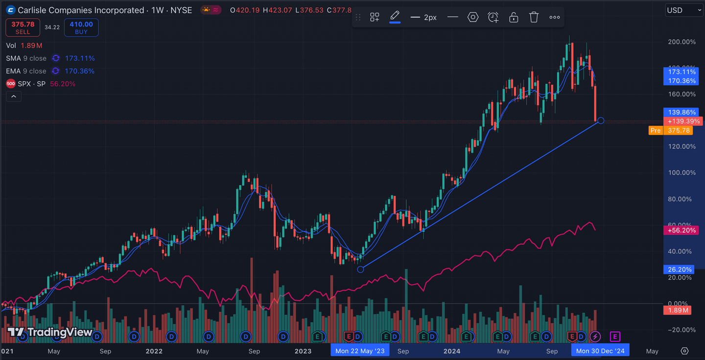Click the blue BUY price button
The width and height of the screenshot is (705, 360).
pyautogui.click(x=81, y=27)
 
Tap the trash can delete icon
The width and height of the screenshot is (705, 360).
pyautogui.click(x=534, y=17)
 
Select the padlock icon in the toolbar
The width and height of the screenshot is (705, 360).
pyautogui.click(x=514, y=17)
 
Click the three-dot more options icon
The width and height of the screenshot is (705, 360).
pyautogui.click(x=554, y=17)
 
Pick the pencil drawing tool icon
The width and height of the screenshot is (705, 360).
pyautogui.click(x=395, y=17)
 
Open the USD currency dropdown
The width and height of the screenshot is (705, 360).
pyautogui.click(x=684, y=10)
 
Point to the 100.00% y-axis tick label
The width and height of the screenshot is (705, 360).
pyautogui.click(x=682, y=172)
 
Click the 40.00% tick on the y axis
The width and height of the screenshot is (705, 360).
pyautogui.click(x=682, y=251)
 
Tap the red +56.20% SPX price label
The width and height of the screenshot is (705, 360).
pyautogui.click(x=682, y=230)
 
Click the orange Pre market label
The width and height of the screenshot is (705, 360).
pyautogui.click(x=656, y=130)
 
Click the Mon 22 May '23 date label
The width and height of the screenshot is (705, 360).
pyautogui.click(x=360, y=351)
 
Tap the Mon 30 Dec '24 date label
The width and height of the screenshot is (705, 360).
pyautogui.click(x=600, y=351)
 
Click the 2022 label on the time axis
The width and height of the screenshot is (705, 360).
pyautogui.click(x=154, y=351)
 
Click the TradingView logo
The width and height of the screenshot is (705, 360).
pyautogui.click(x=50, y=333)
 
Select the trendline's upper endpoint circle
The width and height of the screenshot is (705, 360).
pyautogui.click(x=601, y=120)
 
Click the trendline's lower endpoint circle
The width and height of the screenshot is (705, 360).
pyautogui.click(x=361, y=269)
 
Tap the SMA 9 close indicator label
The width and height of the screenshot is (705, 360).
pyautogui.click(x=26, y=58)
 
